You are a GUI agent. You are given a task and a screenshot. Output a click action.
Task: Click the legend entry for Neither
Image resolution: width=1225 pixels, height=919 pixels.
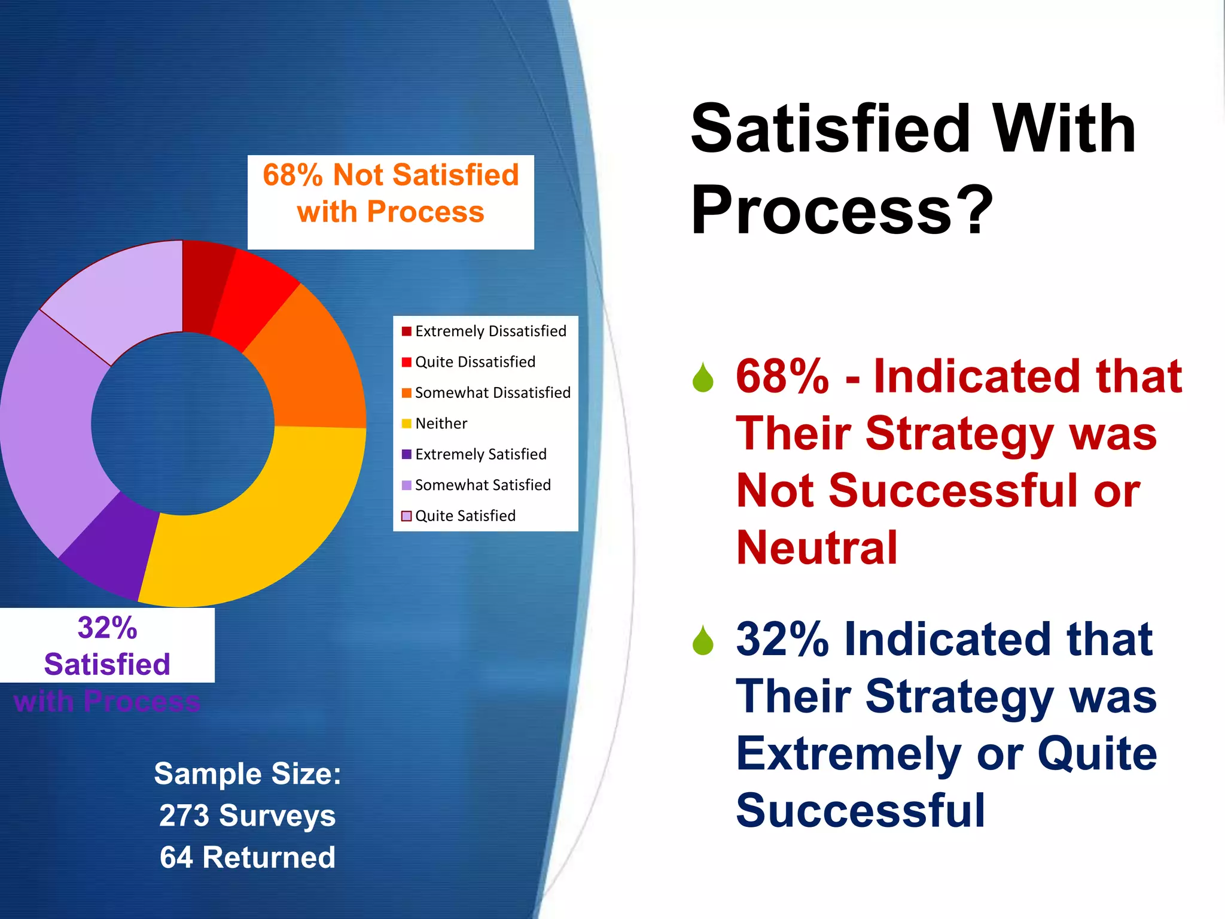(441, 424)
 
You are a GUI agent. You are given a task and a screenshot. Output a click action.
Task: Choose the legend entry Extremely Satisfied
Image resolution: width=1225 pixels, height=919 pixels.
(480, 454)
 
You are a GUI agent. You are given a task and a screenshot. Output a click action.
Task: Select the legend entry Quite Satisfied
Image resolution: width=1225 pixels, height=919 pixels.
(465, 516)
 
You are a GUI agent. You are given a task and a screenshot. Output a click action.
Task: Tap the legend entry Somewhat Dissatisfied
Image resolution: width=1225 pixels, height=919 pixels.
(492, 392)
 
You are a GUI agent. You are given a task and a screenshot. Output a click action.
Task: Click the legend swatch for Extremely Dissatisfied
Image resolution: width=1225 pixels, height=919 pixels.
(407, 331)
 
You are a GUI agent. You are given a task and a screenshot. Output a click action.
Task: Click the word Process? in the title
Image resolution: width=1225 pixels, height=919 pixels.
(840, 211)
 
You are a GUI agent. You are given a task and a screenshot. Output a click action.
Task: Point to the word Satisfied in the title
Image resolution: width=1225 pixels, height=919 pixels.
(830, 129)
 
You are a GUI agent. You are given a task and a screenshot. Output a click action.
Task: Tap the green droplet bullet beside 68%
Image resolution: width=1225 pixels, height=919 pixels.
(703, 378)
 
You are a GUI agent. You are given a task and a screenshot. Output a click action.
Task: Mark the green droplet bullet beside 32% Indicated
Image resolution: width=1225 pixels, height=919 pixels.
(703, 640)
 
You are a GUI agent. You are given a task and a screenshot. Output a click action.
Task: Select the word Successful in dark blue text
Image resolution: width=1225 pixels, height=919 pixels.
(860, 811)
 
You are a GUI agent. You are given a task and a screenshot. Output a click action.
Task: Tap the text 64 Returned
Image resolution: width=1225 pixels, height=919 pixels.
(248, 857)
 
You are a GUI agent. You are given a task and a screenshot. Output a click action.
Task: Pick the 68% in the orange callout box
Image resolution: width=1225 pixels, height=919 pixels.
(293, 175)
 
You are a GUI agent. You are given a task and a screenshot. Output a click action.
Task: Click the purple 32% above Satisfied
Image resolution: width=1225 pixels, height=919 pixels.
(107, 628)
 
